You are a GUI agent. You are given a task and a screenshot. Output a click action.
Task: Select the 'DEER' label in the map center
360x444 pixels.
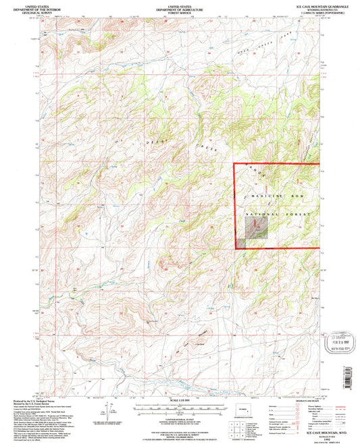(x=153, y=143)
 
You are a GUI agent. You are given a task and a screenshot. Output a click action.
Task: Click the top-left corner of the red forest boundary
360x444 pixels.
(x=234, y=164)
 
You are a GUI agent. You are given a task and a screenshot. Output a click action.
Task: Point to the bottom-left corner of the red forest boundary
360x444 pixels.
(x=234, y=249)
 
